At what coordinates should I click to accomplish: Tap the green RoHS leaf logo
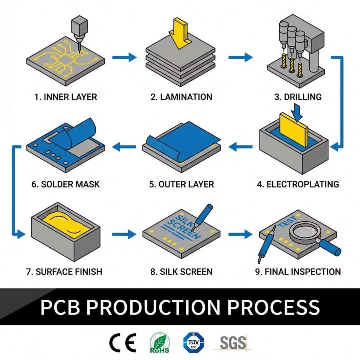[160, 343]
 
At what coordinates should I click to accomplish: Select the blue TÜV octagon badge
[193, 342]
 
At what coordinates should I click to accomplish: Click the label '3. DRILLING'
[298, 97]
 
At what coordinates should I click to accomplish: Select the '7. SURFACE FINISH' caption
[64, 271]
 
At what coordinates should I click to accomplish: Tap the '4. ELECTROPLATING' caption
[298, 184]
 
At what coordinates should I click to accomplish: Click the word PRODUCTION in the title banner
[153, 307]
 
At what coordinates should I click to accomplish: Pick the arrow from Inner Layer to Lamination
[124, 57]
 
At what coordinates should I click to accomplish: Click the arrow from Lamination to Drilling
[240, 57]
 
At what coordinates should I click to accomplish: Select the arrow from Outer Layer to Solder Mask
[124, 147]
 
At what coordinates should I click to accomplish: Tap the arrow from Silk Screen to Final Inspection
[240, 234]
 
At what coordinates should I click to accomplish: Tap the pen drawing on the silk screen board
[202, 216]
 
